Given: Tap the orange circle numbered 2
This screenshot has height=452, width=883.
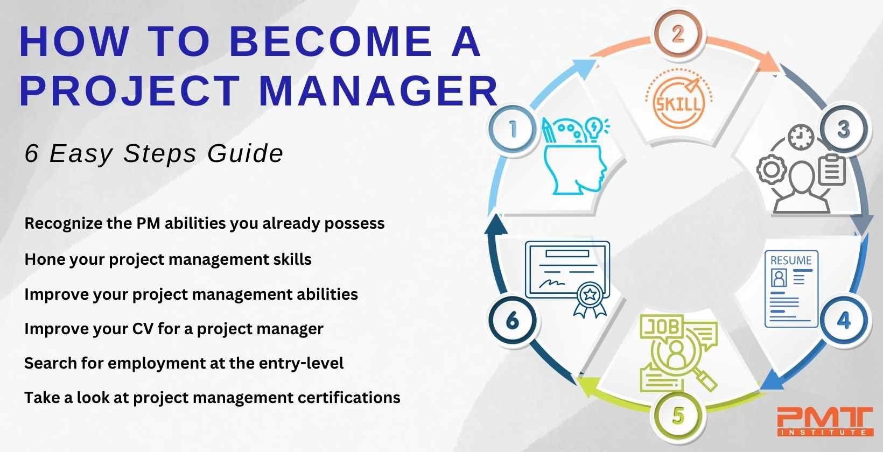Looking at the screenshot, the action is click(678, 34).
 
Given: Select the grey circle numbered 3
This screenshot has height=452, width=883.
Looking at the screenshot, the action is click(844, 129).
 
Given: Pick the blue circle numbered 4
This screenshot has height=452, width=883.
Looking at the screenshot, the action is click(844, 320).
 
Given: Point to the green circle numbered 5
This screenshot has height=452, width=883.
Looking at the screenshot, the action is click(678, 415).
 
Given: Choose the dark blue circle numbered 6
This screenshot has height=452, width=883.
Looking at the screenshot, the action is click(513, 320).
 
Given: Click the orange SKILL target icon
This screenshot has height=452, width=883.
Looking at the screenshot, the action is click(678, 98).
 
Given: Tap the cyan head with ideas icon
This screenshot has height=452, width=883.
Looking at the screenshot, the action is click(576, 156).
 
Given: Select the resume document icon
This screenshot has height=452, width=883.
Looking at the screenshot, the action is click(791, 289).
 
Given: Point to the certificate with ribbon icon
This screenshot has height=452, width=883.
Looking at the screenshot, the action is click(567, 279).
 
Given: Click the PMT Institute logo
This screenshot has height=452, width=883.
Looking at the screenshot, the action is click(825, 422).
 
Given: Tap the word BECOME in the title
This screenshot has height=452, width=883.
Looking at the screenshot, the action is click(331, 41).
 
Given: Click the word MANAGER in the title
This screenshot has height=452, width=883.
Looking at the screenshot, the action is click(379, 91).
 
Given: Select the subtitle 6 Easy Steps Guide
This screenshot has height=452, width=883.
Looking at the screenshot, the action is click(154, 153).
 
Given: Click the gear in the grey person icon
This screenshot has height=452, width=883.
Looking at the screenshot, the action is click(772, 170).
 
